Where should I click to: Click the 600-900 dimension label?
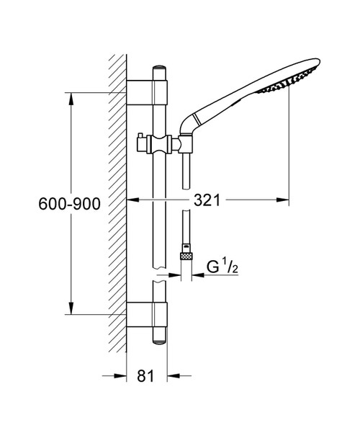tap(69, 204)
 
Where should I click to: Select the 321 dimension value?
tap(207, 200)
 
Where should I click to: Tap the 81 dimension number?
tap(146, 376)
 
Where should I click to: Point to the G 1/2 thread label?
tap(222, 267)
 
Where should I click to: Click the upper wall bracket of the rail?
tap(147, 92)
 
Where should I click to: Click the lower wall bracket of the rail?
tap(147, 315)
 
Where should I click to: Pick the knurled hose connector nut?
tap(186, 256)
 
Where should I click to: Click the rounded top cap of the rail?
tap(160, 68)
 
